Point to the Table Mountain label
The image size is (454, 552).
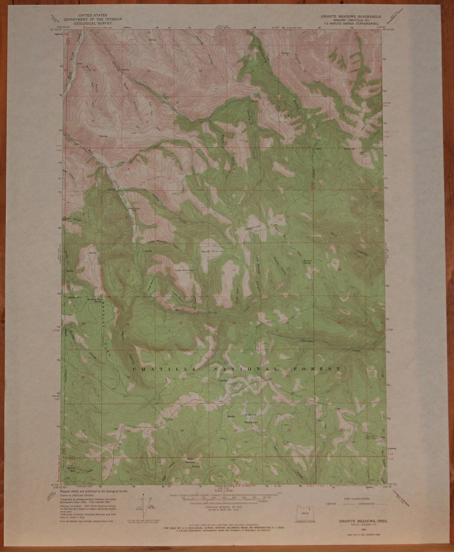184,270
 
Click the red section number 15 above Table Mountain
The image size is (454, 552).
181,266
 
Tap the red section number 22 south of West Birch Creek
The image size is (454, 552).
181,323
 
